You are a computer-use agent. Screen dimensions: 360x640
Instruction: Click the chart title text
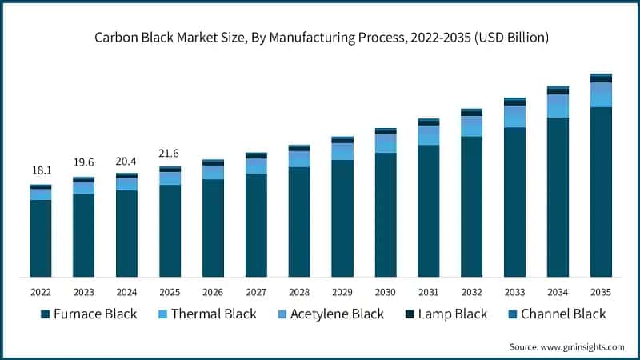(x=320, y=37)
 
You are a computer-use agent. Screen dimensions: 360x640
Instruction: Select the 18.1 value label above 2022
(x=41, y=170)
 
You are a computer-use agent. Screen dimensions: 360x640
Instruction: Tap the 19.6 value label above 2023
(x=83, y=162)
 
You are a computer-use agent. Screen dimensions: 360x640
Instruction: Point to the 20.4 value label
(x=126, y=159)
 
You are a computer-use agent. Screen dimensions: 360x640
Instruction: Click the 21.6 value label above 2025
(x=170, y=153)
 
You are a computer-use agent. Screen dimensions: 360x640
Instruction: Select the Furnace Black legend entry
(x=89, y=314)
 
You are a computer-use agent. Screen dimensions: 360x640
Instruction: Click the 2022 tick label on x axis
(x=41, y=292)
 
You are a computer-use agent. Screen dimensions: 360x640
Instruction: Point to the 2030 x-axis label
(x=386, y=292)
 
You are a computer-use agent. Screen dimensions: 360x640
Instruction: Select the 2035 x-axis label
(x=601, y=292)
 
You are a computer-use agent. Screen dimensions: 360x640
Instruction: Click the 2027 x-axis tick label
(x=256, y=292)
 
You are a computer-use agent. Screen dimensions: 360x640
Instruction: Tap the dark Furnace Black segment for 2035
(x=601, y=192)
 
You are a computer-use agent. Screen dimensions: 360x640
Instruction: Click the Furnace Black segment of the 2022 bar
(x=41, y=238)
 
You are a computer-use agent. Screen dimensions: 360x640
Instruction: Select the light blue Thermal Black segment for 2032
(x=472, y=126)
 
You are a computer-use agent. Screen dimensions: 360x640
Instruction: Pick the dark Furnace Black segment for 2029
(x=342, y=218)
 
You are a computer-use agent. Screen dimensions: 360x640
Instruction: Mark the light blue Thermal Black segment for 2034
(x=558, y=106)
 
